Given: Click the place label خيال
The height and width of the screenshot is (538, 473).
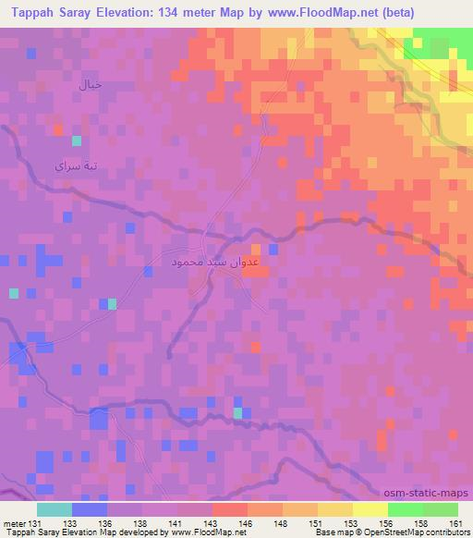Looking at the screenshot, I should tap(89, 86).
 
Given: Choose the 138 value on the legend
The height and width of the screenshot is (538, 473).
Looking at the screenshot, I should tap(141, 523).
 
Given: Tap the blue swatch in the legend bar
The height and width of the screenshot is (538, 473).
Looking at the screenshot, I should tap(89, 509).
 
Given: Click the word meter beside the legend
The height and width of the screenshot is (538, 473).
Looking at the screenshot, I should tap(14, 523).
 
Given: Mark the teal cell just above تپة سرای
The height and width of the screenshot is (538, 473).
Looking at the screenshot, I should tap(77, 141).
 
